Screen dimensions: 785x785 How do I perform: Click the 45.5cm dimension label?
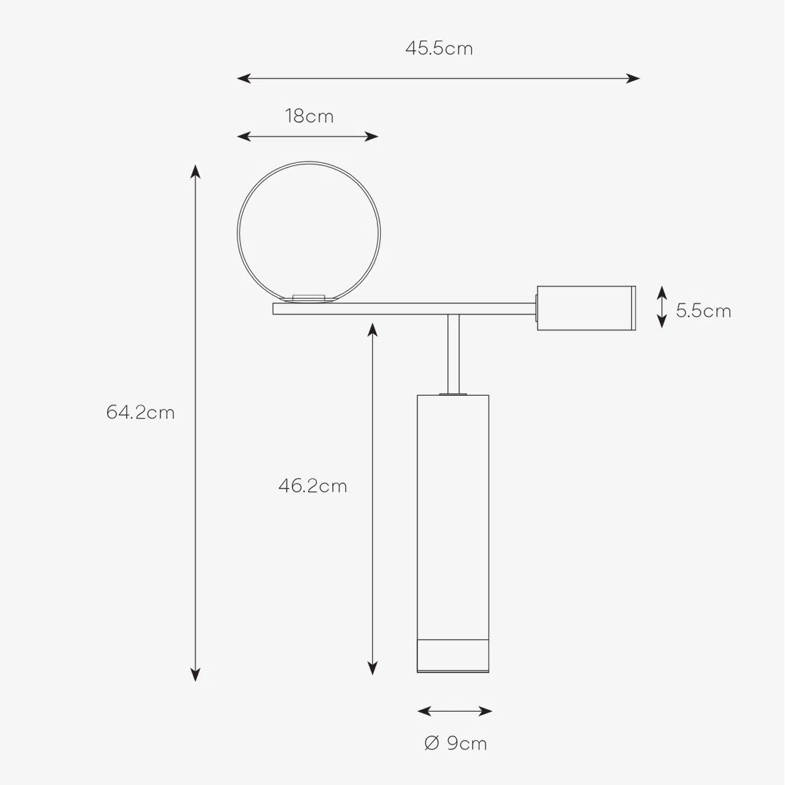(439, 48)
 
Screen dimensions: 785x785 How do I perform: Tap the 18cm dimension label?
(309, 116)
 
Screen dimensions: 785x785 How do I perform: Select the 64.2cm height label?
(141, 412)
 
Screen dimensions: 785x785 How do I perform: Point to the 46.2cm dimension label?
(313, 485)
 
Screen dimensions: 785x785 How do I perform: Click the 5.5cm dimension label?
(703, 311)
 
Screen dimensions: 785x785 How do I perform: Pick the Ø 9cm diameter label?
(455, 743)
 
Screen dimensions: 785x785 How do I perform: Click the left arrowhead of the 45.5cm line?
(243, 78)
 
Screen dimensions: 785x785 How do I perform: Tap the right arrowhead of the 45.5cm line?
(633, 78)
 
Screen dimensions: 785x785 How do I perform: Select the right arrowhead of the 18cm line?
(372, 137)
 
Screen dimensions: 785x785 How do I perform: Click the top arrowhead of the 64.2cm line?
(196, 172)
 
